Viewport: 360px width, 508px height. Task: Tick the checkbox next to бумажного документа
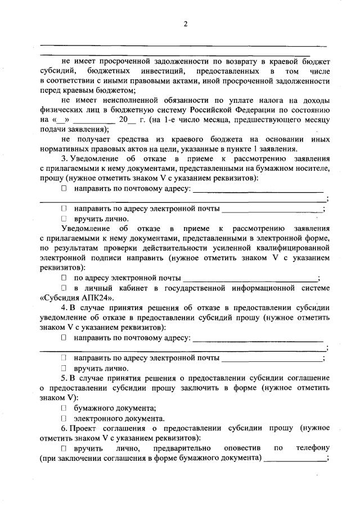(64, 408)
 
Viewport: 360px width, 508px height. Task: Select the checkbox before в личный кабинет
(64, 288)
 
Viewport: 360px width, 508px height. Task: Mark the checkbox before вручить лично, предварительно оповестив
(64, 448)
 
